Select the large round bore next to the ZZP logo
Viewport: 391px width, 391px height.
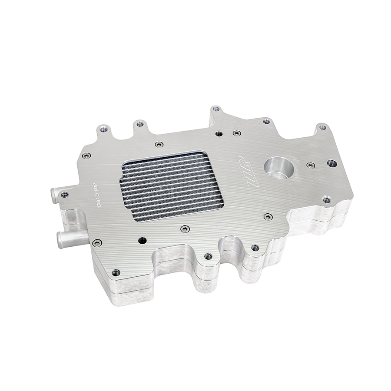coord(278,168)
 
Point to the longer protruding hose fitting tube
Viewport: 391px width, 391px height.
coord(72,238)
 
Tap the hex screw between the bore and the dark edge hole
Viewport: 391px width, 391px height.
coord(310,165)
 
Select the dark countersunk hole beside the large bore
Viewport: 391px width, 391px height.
coord(331,163)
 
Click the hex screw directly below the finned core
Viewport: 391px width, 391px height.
coord(186,229)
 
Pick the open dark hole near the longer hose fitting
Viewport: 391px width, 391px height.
coord(142,240)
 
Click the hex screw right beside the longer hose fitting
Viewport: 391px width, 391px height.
coord(97,243)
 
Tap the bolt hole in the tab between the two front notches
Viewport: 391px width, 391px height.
coord(208,256)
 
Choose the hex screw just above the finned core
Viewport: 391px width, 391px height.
coord(159,144)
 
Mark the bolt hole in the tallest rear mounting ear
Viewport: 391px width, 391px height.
coord(214,109)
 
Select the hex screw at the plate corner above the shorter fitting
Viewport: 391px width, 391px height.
coord(87,155)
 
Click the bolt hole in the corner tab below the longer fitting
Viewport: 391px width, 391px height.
coord(116,272)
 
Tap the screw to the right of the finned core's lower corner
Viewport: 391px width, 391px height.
coord(268,216)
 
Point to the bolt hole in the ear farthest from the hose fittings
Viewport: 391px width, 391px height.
coord(322,127)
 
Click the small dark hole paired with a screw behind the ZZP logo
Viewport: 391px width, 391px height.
coord(219,134)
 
